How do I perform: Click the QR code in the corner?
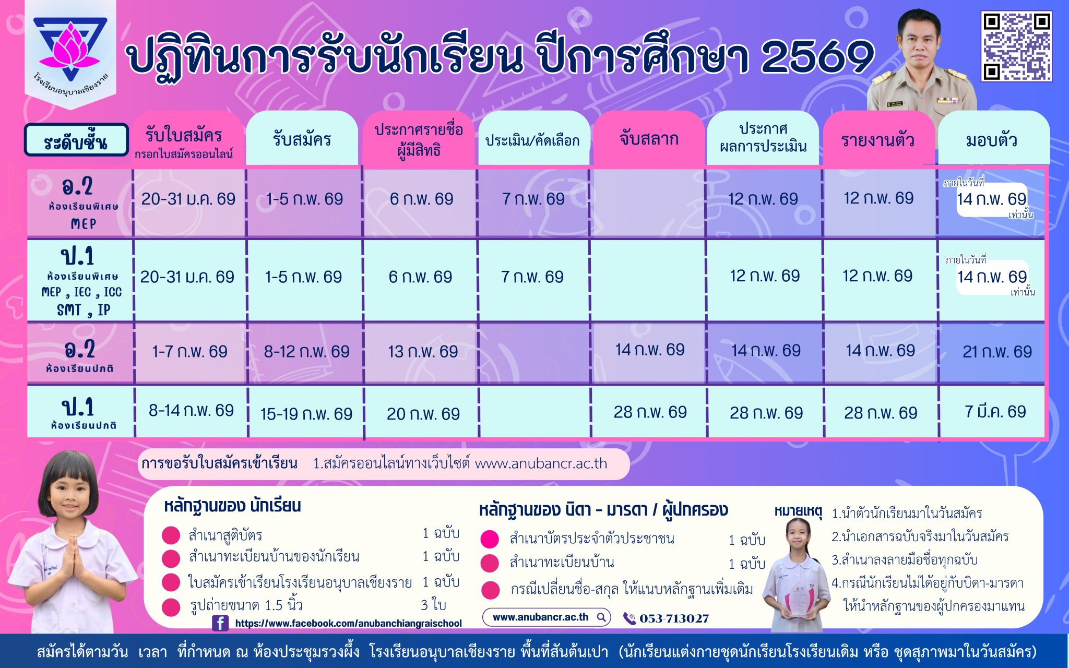coord(1016,46)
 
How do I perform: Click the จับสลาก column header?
coord(649,139)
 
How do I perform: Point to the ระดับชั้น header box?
coord(76,140)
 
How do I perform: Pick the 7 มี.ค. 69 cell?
coord(995,412)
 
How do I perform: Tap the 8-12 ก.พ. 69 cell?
coord(306,352)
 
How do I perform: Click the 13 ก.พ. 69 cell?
coord(423,352)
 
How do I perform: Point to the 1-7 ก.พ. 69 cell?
coord(189,352)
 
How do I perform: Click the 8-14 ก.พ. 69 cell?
coord(191,411)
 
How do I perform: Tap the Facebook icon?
coord(220,623)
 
